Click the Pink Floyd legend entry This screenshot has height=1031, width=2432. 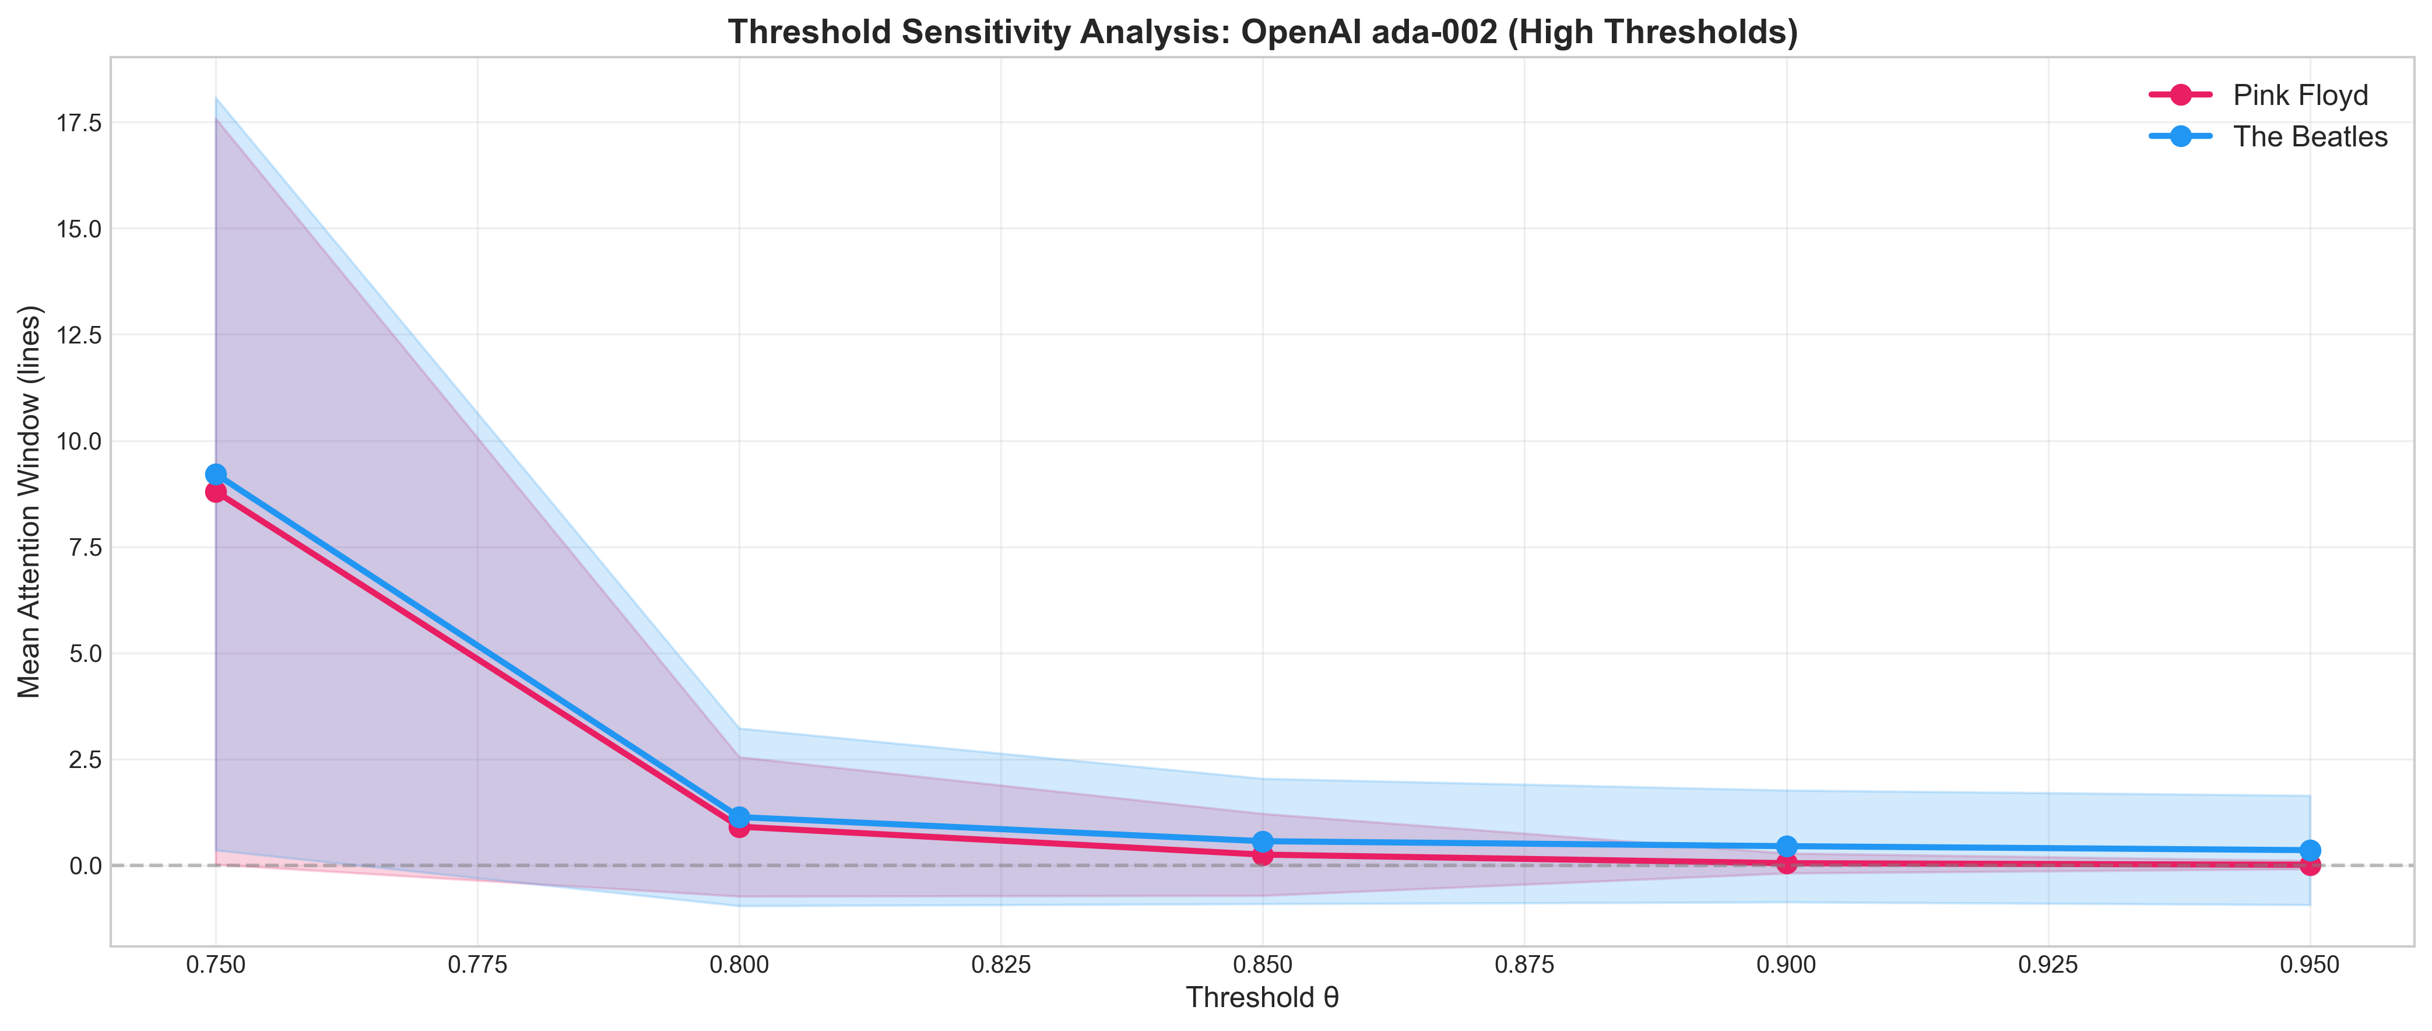point(2300,96)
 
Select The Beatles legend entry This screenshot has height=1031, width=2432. point(2309,137)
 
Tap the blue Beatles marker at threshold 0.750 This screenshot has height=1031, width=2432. point(216,474)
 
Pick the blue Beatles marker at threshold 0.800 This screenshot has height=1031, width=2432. point(739,816)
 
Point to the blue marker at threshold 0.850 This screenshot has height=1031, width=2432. point(1263,841)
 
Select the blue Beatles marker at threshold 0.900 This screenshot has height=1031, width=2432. point(1786,846)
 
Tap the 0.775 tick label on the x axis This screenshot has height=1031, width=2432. point(478,965)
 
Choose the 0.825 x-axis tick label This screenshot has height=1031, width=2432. point(1001,965)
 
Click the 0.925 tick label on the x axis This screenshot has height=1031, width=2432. point(2048,965)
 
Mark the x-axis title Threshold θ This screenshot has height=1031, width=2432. point(1262,998)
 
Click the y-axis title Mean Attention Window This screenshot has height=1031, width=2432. point(30,502)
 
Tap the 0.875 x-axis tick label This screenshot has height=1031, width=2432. point(1525,965)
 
